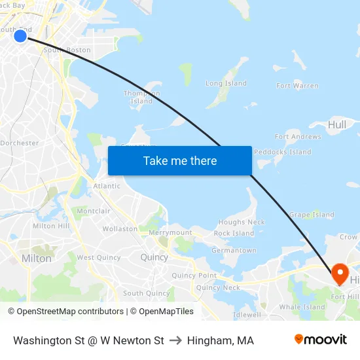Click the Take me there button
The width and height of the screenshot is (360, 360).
point(180,160)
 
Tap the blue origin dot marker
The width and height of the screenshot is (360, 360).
point(20,35)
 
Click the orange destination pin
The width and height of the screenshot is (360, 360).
point(340,272)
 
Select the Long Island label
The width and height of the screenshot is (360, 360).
point(226,84)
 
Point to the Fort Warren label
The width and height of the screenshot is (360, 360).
point(297,86)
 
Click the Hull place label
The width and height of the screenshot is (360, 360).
point(337,124)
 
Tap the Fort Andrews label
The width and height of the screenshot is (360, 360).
point(298,137)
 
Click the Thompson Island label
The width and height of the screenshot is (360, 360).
point(141,98)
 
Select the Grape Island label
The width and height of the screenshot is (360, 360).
point(312,215)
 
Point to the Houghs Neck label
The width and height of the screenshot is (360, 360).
point(242,223)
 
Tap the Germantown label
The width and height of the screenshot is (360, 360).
point(234,251)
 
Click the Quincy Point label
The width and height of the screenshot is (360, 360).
point(194,276)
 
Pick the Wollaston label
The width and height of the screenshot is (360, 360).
point(120,229)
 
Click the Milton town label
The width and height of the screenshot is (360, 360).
point(37,259)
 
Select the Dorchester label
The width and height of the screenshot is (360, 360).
point(20,143)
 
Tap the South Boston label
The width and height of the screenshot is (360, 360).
point(67,50)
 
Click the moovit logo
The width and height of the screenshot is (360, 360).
point(321,340)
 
